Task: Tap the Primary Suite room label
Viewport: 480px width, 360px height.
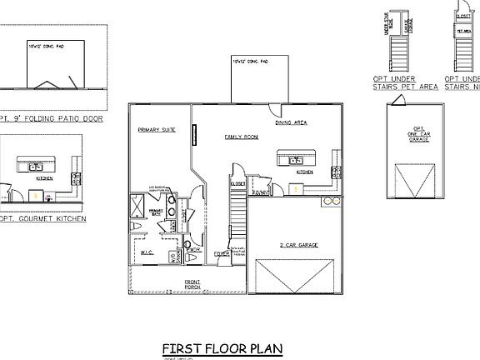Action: coord(155,130)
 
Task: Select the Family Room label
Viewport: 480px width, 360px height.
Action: coord(242,136)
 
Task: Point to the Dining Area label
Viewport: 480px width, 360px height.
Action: coord(292,122)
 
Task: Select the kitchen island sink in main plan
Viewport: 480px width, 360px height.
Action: coord(297,160)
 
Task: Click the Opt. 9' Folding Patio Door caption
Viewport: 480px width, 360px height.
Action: coord(49,118)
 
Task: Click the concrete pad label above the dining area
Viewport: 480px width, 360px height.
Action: coord(252,61)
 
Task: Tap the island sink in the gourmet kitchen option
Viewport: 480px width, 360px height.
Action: coord(37,167)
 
